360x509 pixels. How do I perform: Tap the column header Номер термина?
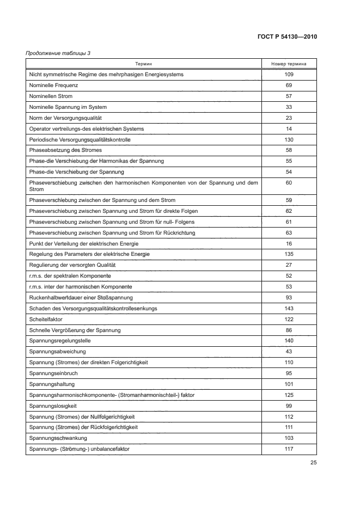289,64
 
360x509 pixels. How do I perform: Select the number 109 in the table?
289,75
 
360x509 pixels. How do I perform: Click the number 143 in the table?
289,308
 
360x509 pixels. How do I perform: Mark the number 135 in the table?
289,254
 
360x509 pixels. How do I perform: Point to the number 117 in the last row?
289,449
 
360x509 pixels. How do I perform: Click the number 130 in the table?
289,139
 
